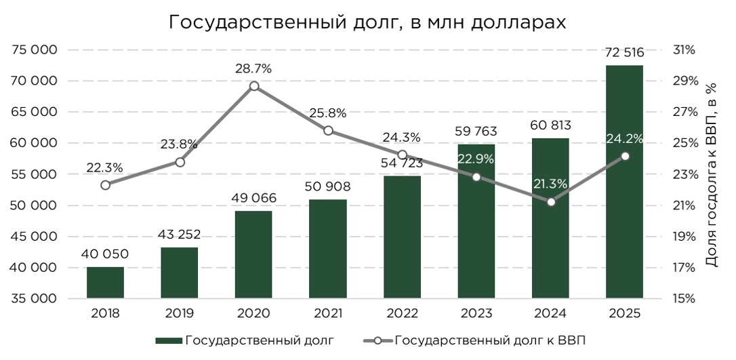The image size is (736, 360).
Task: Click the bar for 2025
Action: point(624,182)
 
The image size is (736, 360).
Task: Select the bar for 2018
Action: point(105,283)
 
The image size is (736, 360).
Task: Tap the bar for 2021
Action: point(327,249)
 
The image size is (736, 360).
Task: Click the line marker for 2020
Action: point(253,86)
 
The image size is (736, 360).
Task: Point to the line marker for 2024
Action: point(550,201)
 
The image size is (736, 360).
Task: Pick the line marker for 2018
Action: point(105,185)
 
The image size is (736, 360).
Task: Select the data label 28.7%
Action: point(253,68)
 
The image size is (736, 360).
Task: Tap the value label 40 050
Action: point(105,254)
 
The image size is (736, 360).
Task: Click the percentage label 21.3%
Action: point(550,184)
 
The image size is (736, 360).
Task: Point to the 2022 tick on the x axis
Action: point(402,313)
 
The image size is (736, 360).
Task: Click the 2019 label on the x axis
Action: point(180,313)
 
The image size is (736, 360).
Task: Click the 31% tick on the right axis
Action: point(684,50)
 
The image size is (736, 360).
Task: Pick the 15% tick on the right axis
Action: point(684,299)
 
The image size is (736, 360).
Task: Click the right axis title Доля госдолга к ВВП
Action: point(711,174)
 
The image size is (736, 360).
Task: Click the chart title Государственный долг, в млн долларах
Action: point(367,22)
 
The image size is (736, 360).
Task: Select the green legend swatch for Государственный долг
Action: point(168,340)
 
